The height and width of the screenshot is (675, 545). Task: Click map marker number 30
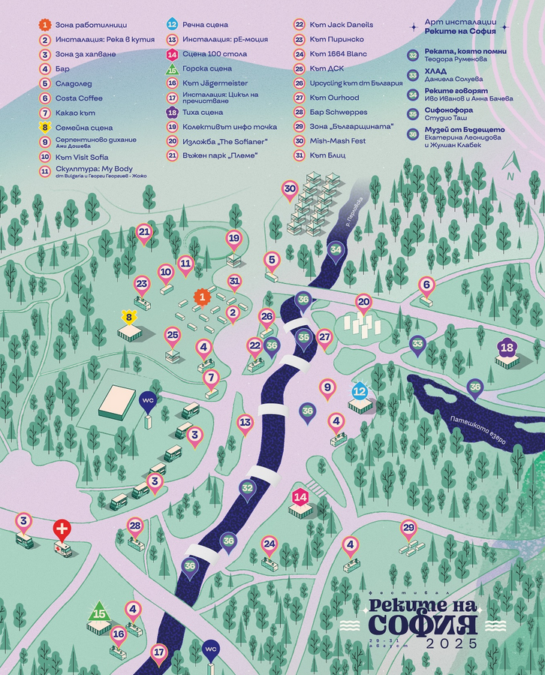tap(290, 189)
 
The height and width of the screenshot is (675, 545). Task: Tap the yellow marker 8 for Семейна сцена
tap(129, 318)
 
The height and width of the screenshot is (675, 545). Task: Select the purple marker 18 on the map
tap(507, 348)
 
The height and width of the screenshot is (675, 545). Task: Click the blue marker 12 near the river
tap(360, 390)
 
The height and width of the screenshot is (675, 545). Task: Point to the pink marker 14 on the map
tap(300, 497)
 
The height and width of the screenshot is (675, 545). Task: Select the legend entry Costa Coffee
tap(79, 98)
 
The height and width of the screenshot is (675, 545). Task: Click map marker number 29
tap(408, 528)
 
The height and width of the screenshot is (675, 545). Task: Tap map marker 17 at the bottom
tap(158, 652)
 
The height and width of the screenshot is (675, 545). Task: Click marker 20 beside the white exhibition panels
tap(363, 302)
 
